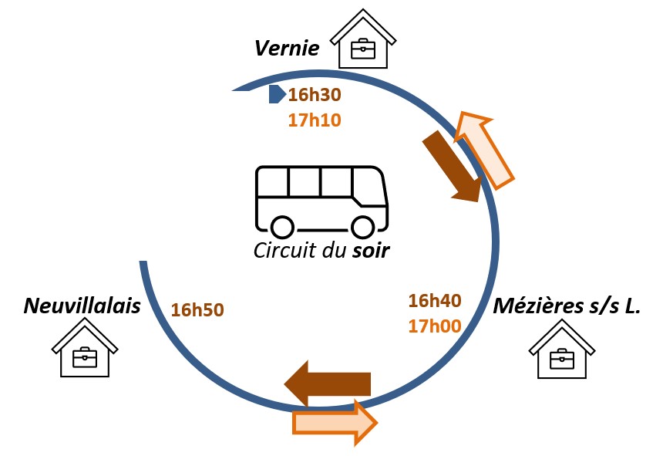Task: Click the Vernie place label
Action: (287, 48)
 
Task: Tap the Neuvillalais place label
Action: (82, 306)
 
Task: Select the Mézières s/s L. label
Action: (567, 306)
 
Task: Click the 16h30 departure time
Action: (315, 95)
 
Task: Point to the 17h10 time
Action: (315, 120)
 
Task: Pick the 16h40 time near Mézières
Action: (435, 301)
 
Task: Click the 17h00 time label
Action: (435, 326)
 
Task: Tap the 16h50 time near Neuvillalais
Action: (197, 310)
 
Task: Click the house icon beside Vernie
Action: (363, 39)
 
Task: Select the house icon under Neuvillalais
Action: (85, 347)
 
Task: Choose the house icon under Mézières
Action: (562, 349)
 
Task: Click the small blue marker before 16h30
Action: (277, 94)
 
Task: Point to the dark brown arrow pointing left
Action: (328, 383)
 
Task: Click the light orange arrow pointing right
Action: (335, 423)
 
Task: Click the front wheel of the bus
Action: (362, 227)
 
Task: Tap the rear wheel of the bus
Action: (282, 227)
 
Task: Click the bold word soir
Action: (371, 251)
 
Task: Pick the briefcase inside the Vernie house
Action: (363, 49)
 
